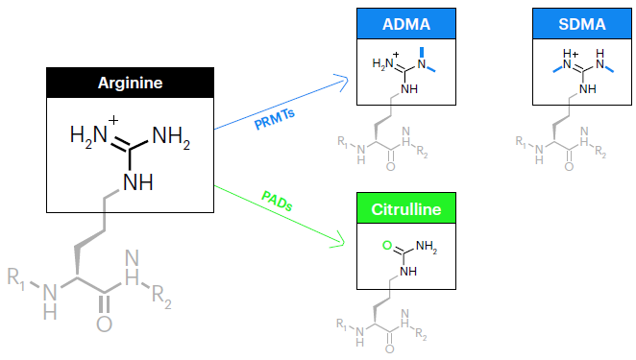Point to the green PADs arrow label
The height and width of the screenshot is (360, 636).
tap(276, 203)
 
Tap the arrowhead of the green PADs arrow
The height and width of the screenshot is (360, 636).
tap(340, 241)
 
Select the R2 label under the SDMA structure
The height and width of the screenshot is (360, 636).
tap(600, 154)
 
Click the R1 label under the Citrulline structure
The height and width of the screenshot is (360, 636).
tap(343, 323)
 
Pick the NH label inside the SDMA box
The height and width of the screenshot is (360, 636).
tap(588, 88)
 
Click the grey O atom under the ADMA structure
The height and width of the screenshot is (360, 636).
tap(393, 166)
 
